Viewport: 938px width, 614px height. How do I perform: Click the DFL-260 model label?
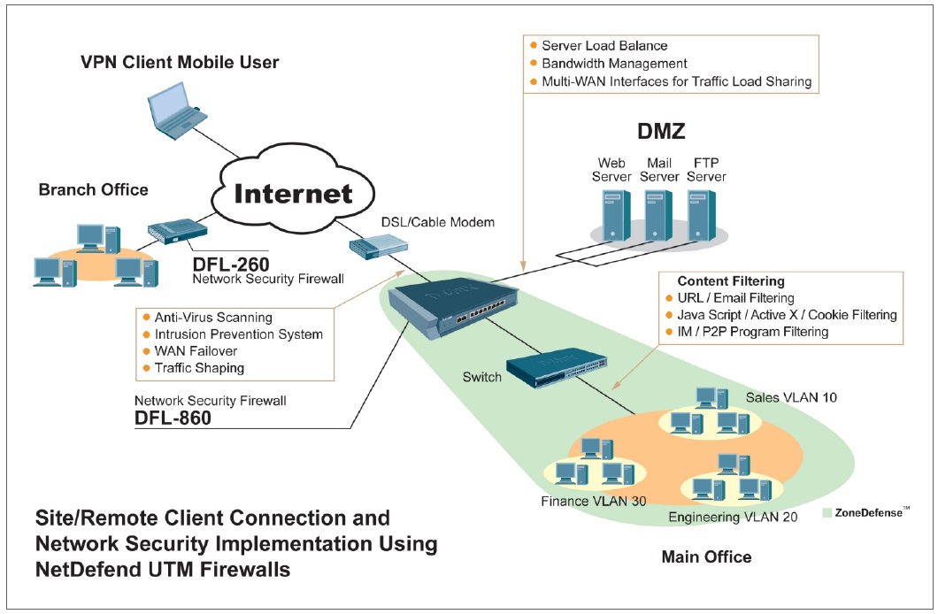[x=231, y=263]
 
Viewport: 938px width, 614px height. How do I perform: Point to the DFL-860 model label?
[x=173, y=418]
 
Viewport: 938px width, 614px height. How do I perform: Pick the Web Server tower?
[x=613, y=216]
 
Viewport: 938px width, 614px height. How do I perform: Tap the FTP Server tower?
[x=703, y=216]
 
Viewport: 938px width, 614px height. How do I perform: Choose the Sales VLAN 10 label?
[x=790, y=397]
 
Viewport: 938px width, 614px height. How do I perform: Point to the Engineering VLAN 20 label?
[x=733, y=517]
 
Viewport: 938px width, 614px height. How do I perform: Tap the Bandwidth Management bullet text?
[x=613, y=64]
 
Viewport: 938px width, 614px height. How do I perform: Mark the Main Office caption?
[x=706, y=557]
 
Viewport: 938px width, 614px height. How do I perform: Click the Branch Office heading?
[x=94, y=189]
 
